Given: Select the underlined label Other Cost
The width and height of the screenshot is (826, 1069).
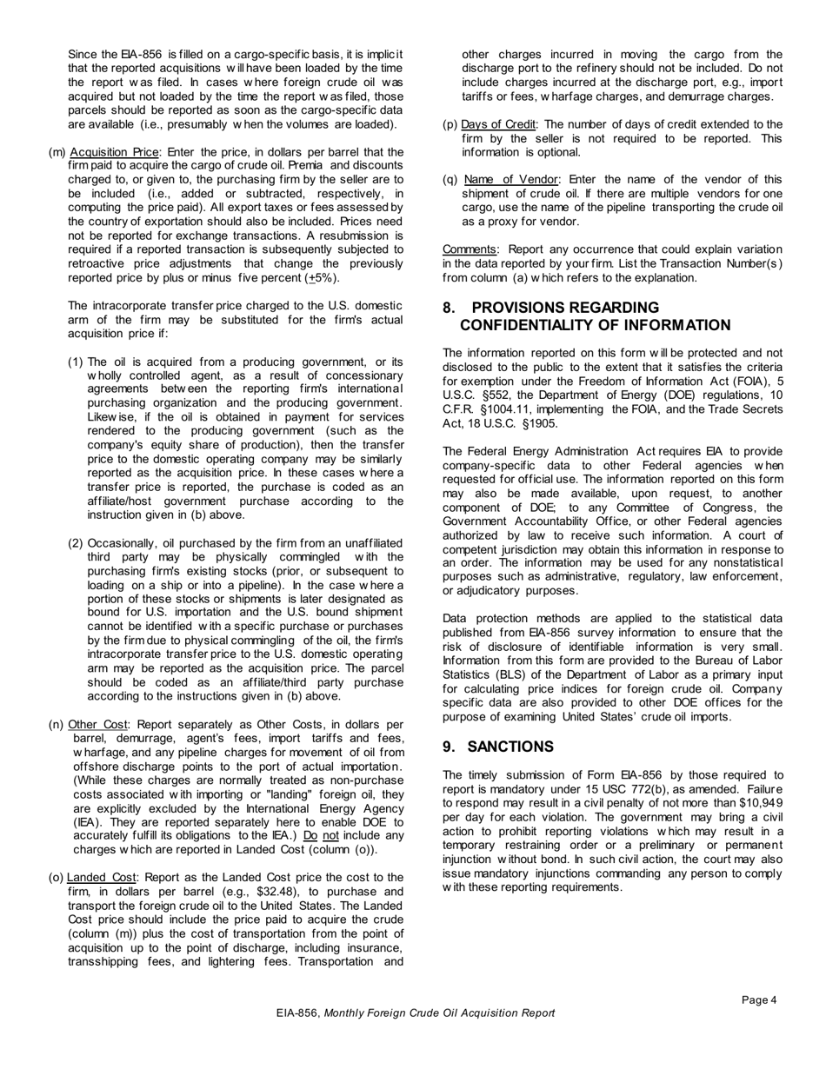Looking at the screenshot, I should pos(97,724).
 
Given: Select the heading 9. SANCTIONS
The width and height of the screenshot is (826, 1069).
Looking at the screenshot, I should pos(498,747).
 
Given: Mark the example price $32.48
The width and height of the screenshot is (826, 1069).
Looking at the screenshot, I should pos(285,892).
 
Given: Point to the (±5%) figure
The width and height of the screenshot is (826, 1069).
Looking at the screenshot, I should pos(321,278).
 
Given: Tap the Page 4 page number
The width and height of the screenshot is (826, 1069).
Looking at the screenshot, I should pos(759,1000).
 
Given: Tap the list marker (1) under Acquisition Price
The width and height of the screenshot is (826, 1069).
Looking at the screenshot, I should pos(77,362).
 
